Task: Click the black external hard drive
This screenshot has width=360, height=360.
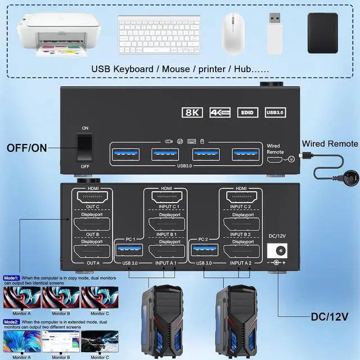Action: pos(322,33)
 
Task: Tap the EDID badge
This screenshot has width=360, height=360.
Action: pos(247,112)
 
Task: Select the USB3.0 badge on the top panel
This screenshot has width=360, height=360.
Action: pos(274,112)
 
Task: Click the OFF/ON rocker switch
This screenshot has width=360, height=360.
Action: pos(84,147)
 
